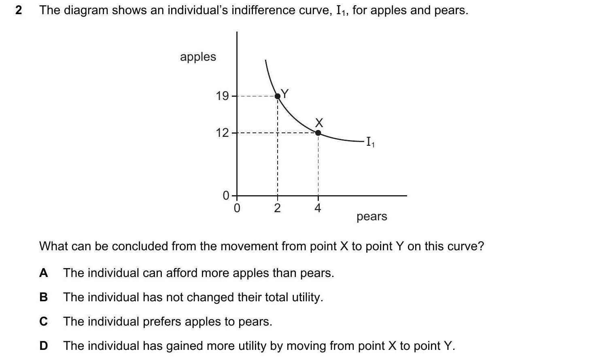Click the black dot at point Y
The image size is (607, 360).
[278, 96]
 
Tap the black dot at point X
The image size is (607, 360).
[318, 133]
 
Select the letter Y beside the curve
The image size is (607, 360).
[285, 94]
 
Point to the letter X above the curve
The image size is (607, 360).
[319, 122]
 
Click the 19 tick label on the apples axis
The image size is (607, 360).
[222, 96]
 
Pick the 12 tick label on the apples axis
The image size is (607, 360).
[222, 133]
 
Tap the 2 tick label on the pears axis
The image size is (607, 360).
[277, 208]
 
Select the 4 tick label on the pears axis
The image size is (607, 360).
[318, 208]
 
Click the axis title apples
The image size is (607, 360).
[198, 57]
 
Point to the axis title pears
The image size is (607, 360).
[371, 217]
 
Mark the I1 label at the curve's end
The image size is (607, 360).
[370, 142]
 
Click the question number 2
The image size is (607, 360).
[19, 10]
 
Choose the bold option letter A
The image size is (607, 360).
[43, 273]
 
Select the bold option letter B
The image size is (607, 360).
[43, 297]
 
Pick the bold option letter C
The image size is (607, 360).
[43, 322]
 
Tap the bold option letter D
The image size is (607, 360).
[43, 346]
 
